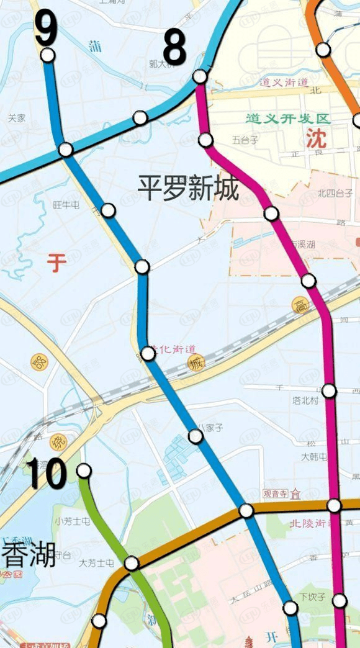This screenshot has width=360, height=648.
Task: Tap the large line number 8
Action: [x=174, y=48]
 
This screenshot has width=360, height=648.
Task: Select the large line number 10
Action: [x=46, y=475]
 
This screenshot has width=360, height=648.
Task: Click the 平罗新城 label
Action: [x=188, y=187]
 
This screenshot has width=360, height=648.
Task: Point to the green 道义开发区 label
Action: [x=287, y=119]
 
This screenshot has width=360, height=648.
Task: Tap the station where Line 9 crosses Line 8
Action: [x=66, y=150]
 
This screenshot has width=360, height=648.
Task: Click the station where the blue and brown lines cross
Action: [x=246, y=510]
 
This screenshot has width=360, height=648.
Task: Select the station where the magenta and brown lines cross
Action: [x=335, y=506]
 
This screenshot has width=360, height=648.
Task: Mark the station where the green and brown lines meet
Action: [x=132, y=563]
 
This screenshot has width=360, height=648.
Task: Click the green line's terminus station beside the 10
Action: [x=84, y=470]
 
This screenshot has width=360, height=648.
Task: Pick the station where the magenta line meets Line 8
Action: [x=200, y=76]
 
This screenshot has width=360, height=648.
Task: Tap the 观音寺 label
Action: [x=276, y=494]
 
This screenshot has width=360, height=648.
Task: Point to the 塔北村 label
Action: [x=305, y=401]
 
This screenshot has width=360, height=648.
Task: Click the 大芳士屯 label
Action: [x=97, y=563]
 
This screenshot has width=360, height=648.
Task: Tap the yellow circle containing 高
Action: [x=301, y=304]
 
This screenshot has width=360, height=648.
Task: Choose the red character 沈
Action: [x=315, y=138]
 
